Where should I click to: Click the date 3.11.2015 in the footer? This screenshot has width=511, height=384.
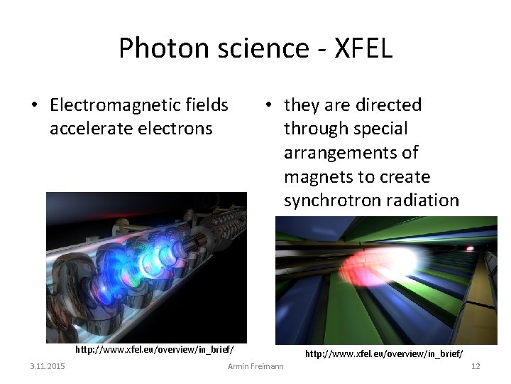(48, 366)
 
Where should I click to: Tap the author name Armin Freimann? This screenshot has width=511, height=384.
(255, 366)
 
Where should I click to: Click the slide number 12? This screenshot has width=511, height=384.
(476, 366)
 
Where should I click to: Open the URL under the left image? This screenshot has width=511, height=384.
(155, 350)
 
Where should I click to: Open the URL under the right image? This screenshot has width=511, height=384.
(384, 353)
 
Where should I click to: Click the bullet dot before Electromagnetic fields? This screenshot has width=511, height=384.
(33, 106)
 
